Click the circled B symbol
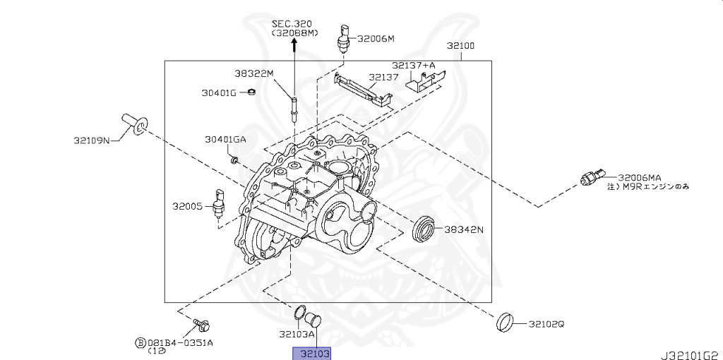click(141, 343)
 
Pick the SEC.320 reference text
click(296, 23)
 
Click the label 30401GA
click(225, 139)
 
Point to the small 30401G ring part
click(251, 92)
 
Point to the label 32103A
click(297, 334)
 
